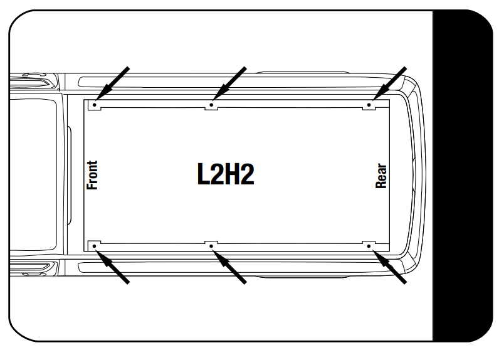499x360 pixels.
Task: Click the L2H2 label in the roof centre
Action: point(226,175)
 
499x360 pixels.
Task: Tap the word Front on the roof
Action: point(93,175)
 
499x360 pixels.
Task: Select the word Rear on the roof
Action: point(381,176)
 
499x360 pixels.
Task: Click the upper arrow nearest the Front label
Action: point(113,82)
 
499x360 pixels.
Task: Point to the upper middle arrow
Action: point(230,82)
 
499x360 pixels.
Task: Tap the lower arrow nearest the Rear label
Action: point(391,267)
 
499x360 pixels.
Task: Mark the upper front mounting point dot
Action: point(94,105)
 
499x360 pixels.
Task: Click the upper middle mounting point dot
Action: point(211,105)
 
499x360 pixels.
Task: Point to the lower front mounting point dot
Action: point(94,246)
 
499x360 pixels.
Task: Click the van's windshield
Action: point(34,175)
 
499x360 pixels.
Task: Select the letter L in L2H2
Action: point(203,175)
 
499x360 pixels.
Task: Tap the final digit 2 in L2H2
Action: point(247,175)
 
